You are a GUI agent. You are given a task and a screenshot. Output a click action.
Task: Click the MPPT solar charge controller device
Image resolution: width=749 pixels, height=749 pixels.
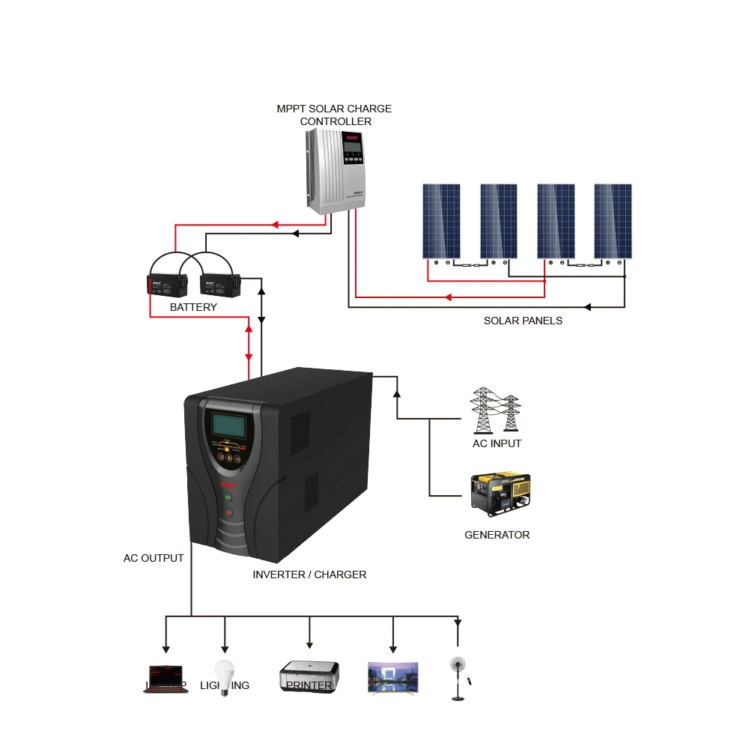pyautogui.click(x=336, y=171)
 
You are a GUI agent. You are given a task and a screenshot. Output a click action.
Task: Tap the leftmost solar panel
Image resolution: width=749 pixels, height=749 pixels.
pyautogui.click(x=440, y=221)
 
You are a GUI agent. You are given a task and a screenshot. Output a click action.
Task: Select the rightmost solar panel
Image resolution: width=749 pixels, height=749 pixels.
pyautogui.click(x=613, y=221)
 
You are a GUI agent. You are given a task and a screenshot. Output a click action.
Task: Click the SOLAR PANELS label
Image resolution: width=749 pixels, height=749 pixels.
pyautogui.click(x=523, y=321)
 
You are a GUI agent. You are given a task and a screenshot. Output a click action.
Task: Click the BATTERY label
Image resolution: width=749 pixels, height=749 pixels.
pyautogui.click(x=193, y=307)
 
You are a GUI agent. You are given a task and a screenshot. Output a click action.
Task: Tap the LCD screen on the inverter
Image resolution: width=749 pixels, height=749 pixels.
pyautogui.click(x=228, y=425)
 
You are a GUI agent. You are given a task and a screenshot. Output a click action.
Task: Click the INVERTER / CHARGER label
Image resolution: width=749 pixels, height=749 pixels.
pyautogui.click(x=309, y=574)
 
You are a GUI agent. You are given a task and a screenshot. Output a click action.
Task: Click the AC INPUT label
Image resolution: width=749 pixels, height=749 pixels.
pyautogui.click(x=497, y=443)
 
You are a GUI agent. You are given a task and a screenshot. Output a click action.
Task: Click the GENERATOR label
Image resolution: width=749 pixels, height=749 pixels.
pyautogui.click(x=497, y=535)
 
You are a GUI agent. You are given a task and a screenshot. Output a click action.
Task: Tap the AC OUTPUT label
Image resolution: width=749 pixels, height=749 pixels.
pyautogui.click(x=154, y=558)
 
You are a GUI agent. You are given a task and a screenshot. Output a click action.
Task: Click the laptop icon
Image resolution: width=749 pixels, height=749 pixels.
pyautogui.click(x=166, y=679)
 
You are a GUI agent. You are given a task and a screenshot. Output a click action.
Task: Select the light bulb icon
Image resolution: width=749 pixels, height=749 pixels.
pyautogui.click(x=223, y=676)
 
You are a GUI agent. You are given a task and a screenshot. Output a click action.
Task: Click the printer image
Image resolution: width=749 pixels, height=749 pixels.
pyautogui.click(x=309, y=676)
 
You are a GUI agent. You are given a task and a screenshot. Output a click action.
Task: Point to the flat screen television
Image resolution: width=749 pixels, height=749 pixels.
pyautogui.click(x=393, y=678)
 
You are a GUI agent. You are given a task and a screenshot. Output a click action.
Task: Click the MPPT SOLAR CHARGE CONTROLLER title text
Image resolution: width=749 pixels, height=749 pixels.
pyautogui.click(x=334, y=115)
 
